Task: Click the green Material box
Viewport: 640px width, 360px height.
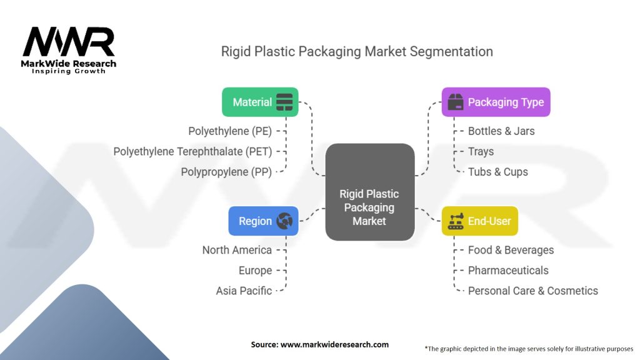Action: coord(260,102)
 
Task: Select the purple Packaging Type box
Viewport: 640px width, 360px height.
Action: coord(496,102)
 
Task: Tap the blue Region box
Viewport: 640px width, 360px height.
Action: coord(263,221)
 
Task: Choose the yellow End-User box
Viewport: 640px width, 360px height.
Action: coord(479,221)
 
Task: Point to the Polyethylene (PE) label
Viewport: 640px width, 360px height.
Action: coord(230,131)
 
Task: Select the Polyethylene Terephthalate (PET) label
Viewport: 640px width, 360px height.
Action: coord(192,151)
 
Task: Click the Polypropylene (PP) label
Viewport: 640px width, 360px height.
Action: coord(226,172)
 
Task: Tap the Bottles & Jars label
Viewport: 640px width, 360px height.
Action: coord(501,131)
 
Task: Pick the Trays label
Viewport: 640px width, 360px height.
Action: coord(481,151)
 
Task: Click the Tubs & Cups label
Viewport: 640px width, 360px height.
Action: coord(497,172)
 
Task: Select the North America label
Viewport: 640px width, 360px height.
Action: coord(237,250)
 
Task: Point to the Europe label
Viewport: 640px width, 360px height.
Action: coord(255,271)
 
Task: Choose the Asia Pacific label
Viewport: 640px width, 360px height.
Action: coord(244,291)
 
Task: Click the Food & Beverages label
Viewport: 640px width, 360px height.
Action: coord(511,250)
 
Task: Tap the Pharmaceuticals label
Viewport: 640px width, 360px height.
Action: coord(508,271)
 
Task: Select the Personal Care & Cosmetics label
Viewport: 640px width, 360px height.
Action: coord(532,291)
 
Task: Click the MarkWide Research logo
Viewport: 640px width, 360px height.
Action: coord(69,50)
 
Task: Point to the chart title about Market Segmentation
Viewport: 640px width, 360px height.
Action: coord(357,51)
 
